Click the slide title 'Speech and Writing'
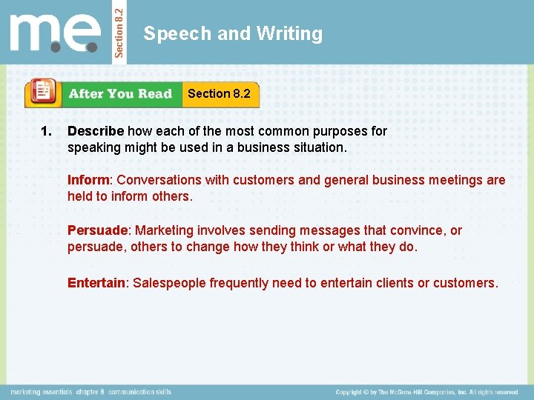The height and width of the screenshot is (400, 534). (x=233, y=33)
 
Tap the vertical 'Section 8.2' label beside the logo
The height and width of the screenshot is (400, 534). (x=122, y=31)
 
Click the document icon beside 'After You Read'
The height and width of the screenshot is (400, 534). (x=43, y=93)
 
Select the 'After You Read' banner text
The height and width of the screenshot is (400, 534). (x=120, y=94)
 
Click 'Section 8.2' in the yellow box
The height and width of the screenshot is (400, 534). (x=219, y=93)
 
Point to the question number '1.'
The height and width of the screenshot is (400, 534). (x=46, y=131)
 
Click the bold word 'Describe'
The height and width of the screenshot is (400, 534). (x=96, y=131)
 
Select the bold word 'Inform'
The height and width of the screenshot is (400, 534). (x=88, y=180)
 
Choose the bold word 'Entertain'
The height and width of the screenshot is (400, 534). (x=96, y=283)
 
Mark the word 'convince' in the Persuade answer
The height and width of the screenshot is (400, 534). (x=418, y=230)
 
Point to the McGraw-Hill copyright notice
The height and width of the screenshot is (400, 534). (x=426, y=392)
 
